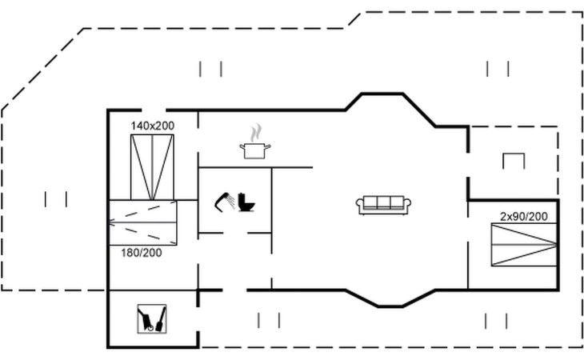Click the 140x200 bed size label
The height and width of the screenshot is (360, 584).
click(153, 126)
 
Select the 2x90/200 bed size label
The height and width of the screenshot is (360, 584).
click(524, 216)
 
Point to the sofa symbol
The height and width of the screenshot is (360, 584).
click(384, 205)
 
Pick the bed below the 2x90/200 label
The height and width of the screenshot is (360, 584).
click(524, 244)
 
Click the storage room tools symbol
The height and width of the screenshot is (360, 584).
click(151, 318)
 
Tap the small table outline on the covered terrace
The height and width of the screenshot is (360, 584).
click(512, 160)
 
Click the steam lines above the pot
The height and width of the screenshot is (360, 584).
click(255, 131)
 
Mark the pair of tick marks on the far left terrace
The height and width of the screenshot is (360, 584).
click(56, 198)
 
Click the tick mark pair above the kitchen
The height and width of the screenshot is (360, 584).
click(211, 70)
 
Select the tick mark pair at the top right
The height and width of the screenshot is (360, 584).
click(498, 69)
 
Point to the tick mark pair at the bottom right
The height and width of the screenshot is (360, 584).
click(498, 321)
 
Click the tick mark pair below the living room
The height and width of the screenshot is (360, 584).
click(269, 321)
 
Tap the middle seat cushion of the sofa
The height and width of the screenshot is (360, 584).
click(384, 202)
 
